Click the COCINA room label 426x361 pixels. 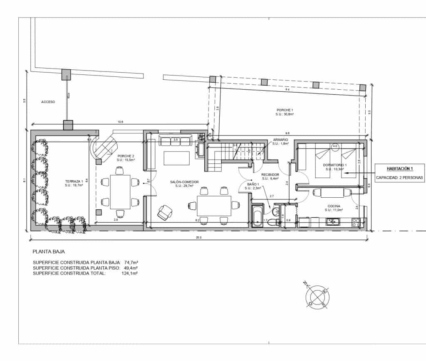coord(334,206)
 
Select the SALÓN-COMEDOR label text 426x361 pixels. coord(184,182)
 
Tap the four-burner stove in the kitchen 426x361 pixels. coord(357,222)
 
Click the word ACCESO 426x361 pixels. coord(48,102)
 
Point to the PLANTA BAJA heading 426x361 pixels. coord(49,251)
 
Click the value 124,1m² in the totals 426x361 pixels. coord(129,273)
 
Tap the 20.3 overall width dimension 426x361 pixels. coord(199,238)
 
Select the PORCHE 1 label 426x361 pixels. coord(285,110)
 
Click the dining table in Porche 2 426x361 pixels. coord(120,192)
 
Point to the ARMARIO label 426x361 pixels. coord(280,140)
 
